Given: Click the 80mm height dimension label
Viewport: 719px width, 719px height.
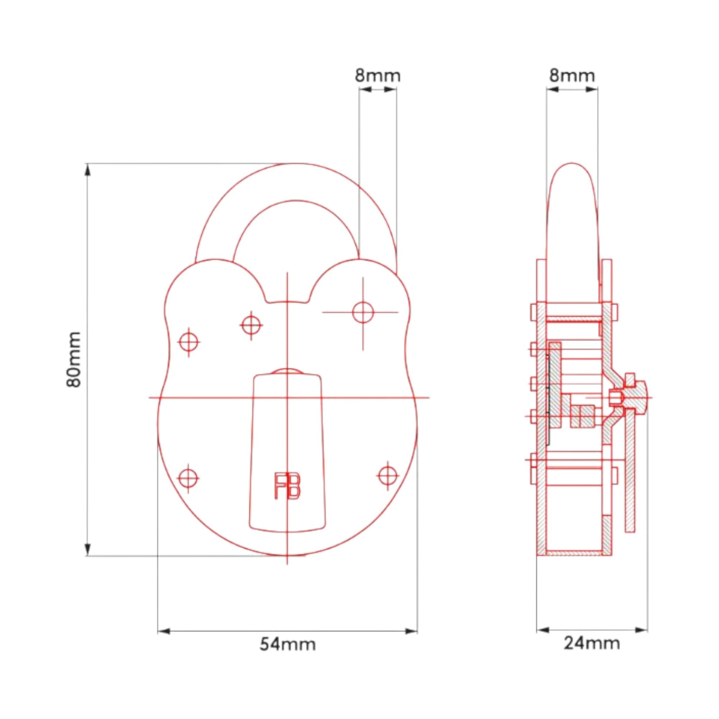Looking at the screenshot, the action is point(74,359).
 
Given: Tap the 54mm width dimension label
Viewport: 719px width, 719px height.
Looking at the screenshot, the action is point(287,644).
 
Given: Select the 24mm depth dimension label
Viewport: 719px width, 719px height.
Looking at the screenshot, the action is point(592,643).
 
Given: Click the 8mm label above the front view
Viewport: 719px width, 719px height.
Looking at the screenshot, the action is point(377,75).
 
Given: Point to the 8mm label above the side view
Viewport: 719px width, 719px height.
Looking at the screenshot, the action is point(572,75).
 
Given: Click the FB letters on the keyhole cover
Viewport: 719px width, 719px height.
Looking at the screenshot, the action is point(287,486).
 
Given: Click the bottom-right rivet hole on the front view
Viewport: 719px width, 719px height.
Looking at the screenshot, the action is point(388,476).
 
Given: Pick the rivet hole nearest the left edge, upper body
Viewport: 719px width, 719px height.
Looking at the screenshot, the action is point(189,342).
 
